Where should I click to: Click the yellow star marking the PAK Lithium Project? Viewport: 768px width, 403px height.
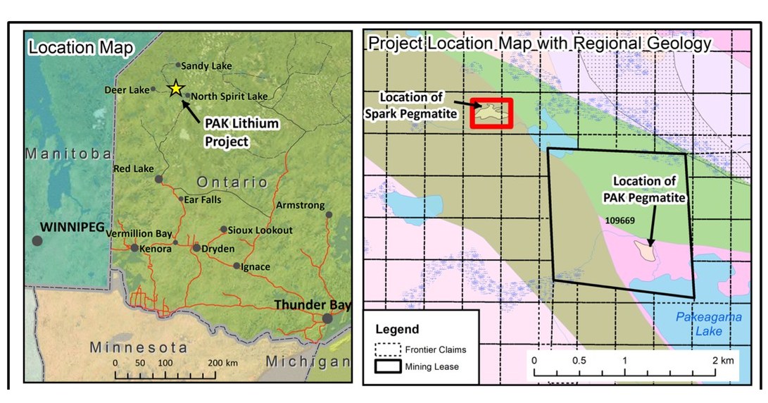175,89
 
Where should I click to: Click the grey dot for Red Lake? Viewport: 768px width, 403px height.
159,179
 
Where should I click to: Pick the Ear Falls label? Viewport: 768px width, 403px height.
203,200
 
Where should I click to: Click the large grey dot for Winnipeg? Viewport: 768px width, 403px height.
37,241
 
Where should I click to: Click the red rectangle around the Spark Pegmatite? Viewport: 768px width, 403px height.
491,113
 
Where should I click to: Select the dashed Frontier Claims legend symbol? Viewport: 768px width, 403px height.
390,349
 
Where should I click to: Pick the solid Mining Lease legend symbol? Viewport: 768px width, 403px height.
390,366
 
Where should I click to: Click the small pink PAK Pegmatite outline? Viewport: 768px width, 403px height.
646,250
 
